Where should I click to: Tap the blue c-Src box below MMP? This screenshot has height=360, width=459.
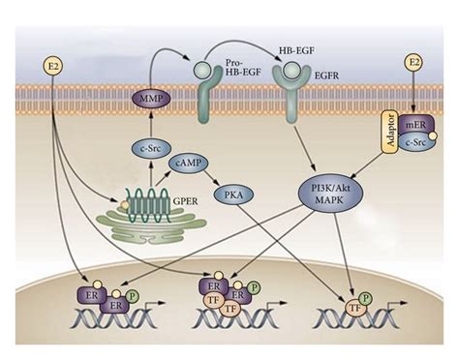coord(148,148)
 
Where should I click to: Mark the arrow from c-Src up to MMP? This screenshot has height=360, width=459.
coord(148,124)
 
